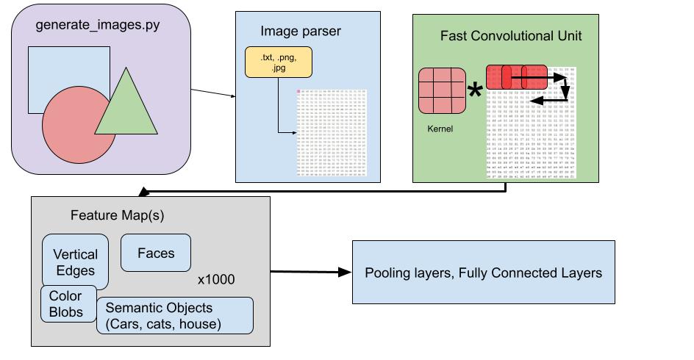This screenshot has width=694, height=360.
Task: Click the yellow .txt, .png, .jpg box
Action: [279, 62]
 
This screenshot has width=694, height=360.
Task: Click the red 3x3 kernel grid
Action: [441, 91]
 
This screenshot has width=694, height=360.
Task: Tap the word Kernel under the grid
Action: [439, 129]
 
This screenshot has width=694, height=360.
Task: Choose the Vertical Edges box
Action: [75, 262]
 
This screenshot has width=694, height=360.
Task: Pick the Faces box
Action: [156, 253]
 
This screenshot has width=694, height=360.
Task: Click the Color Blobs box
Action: [65, 303]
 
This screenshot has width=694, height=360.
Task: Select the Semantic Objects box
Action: [175, 314]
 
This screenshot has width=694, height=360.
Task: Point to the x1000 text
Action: [215, 280]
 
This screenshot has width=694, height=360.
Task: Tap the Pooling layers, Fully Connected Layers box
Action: [483, 272]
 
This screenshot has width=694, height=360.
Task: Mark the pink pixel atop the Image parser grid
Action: [298, 91]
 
